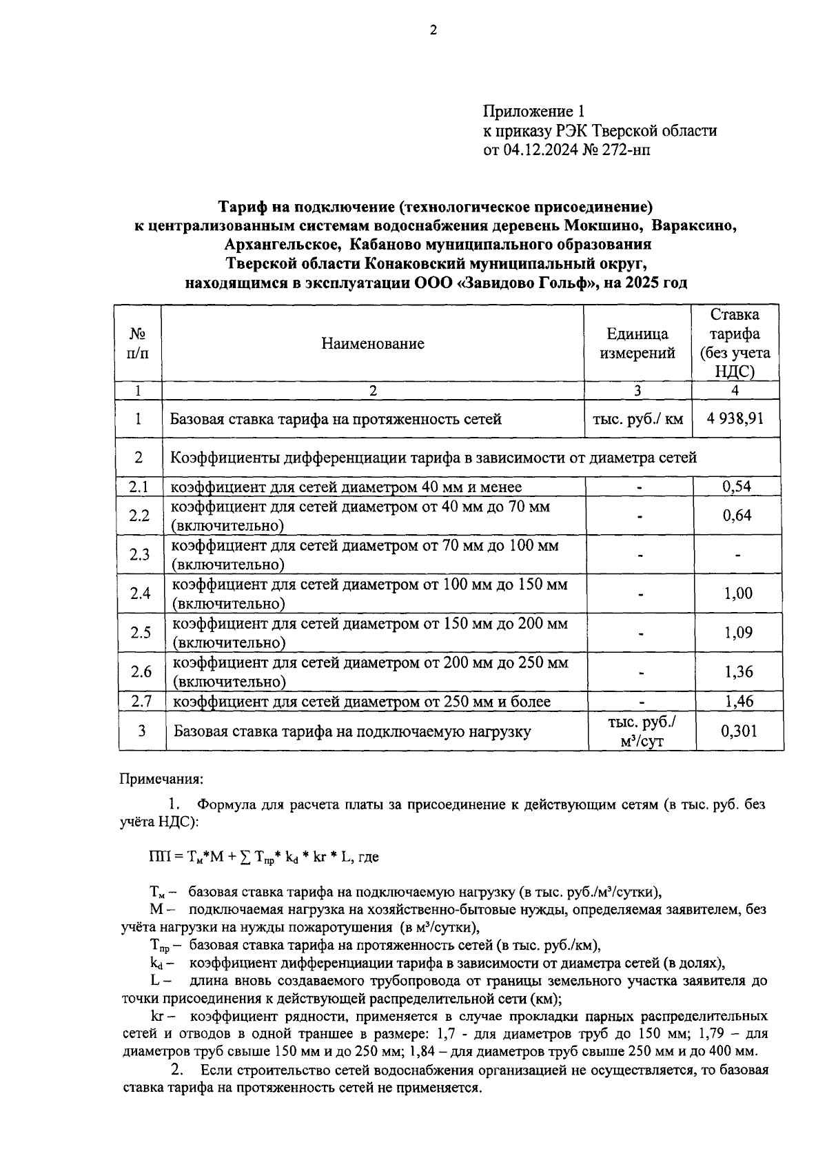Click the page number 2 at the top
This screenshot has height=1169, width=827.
(x=433, y=30)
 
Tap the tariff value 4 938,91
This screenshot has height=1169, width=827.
(x=735, y=418)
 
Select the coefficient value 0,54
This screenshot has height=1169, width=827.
(x=736, y=487)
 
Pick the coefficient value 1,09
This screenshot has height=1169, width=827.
(x=738, y=632)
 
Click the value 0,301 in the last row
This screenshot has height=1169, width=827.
(x=739, y=731)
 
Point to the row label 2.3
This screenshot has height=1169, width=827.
(x=139, y=554)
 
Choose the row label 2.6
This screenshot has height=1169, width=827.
(x=141, y=671)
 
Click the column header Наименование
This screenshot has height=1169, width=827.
(x=373, y=343)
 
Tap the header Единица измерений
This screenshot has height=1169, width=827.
(x=637, y=343)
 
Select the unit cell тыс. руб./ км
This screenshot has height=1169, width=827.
(x=637, y=418)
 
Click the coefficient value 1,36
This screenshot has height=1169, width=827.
(x=739, y=671)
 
